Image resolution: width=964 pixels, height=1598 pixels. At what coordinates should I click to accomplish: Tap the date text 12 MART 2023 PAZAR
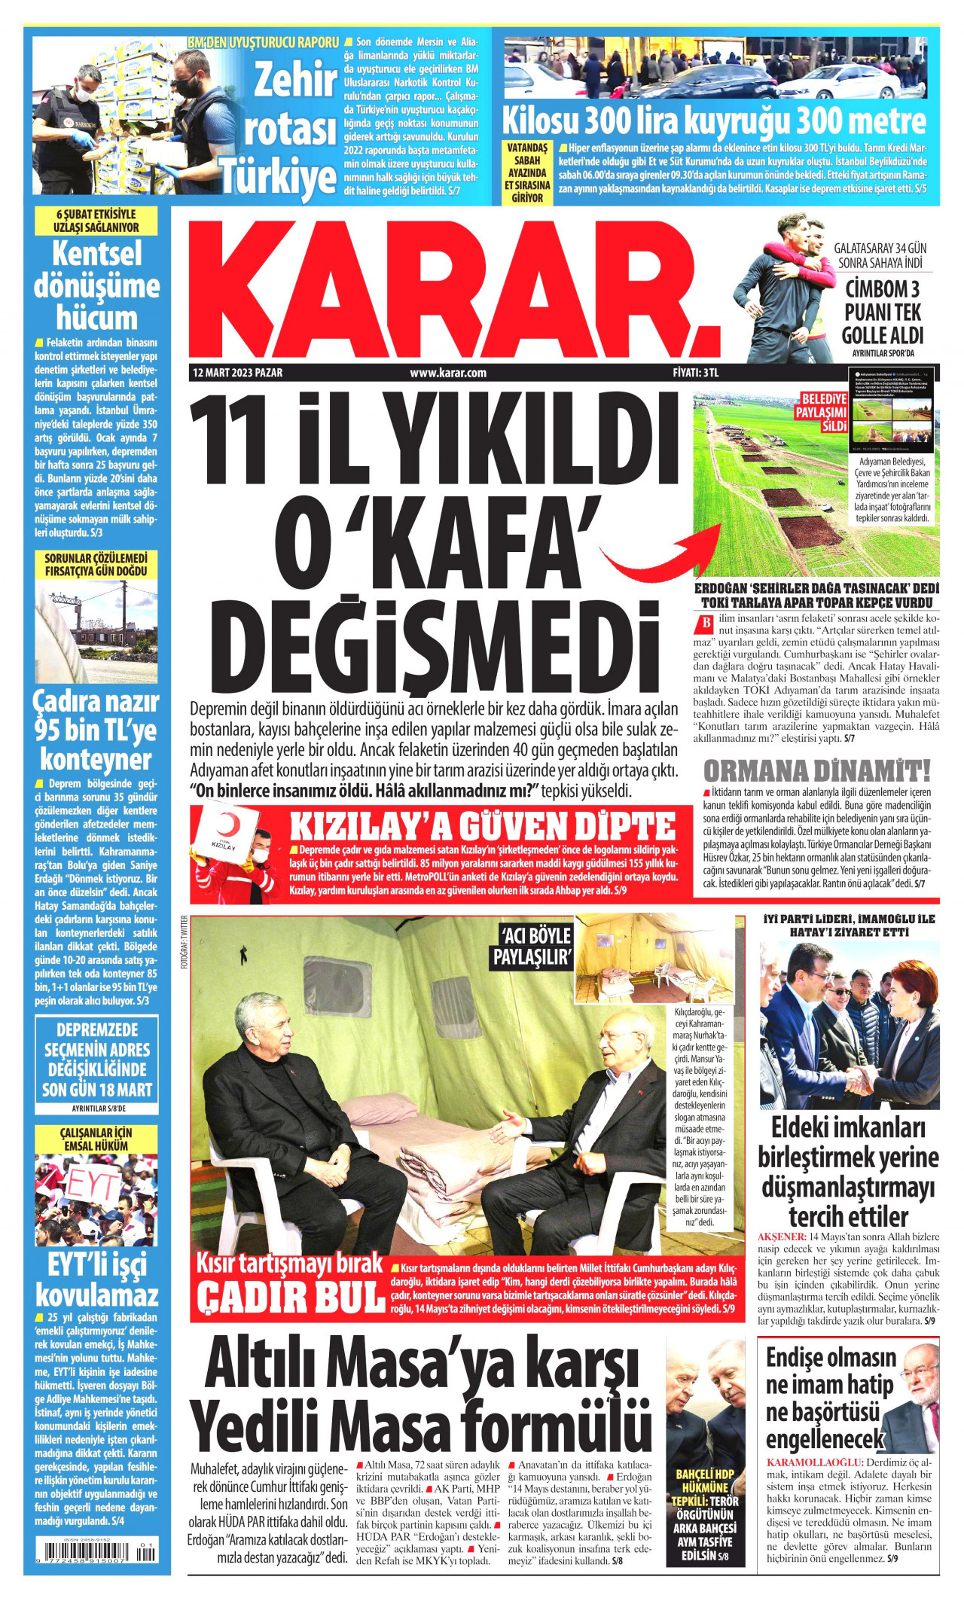click(x=238, y=373)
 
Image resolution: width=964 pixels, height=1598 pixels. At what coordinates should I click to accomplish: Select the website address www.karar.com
click(x=448, y=373)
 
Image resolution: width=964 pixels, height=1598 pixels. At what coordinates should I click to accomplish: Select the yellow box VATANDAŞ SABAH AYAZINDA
click(x=527, y=172)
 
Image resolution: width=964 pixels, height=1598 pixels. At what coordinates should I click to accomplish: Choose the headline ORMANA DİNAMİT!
click(x=817, y=770)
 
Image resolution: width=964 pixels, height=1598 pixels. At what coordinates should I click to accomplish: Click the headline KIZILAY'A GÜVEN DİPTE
click(x=483, y=826)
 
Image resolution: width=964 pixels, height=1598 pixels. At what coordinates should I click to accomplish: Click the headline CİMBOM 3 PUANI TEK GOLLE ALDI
click(x=882, y=312)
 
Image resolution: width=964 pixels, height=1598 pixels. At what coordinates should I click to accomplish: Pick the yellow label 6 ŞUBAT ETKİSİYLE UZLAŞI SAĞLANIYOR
click(x=96, y=221)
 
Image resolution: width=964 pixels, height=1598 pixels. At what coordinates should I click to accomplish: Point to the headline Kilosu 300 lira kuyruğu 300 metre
click(x=714, y=120)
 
